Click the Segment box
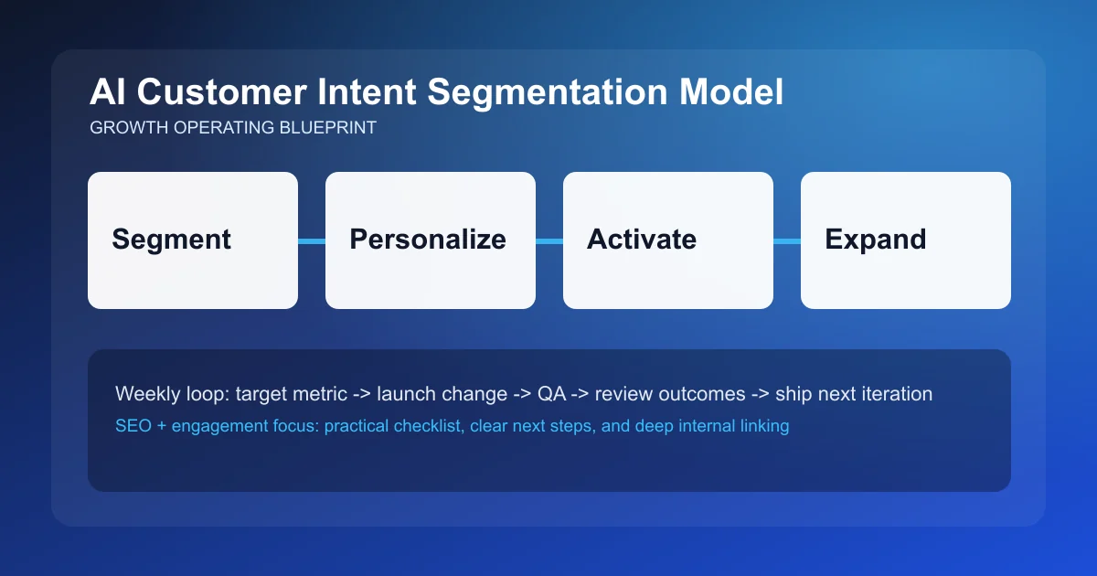click(x=193, y=240)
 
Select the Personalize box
click(x=431, y=240)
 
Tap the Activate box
click(x=668, y=240)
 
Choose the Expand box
click(x=906, y=240)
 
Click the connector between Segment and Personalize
click(x=312, y=241)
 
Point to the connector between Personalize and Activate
click(x=549, y=241)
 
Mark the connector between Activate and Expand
click(x=787, y=241)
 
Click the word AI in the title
click(x=106, y=94)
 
